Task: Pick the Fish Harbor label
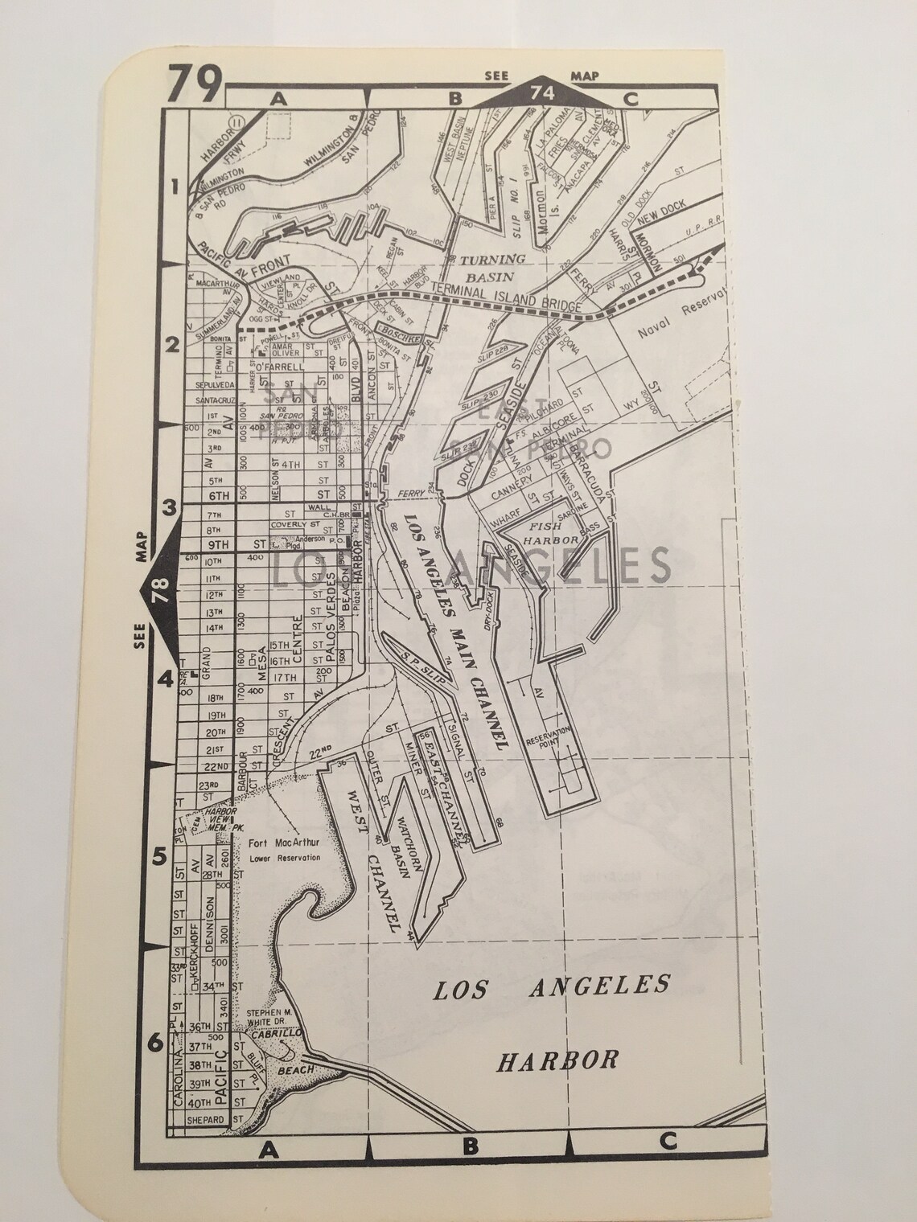556,534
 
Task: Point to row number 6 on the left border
156,1043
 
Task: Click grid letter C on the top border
630,100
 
